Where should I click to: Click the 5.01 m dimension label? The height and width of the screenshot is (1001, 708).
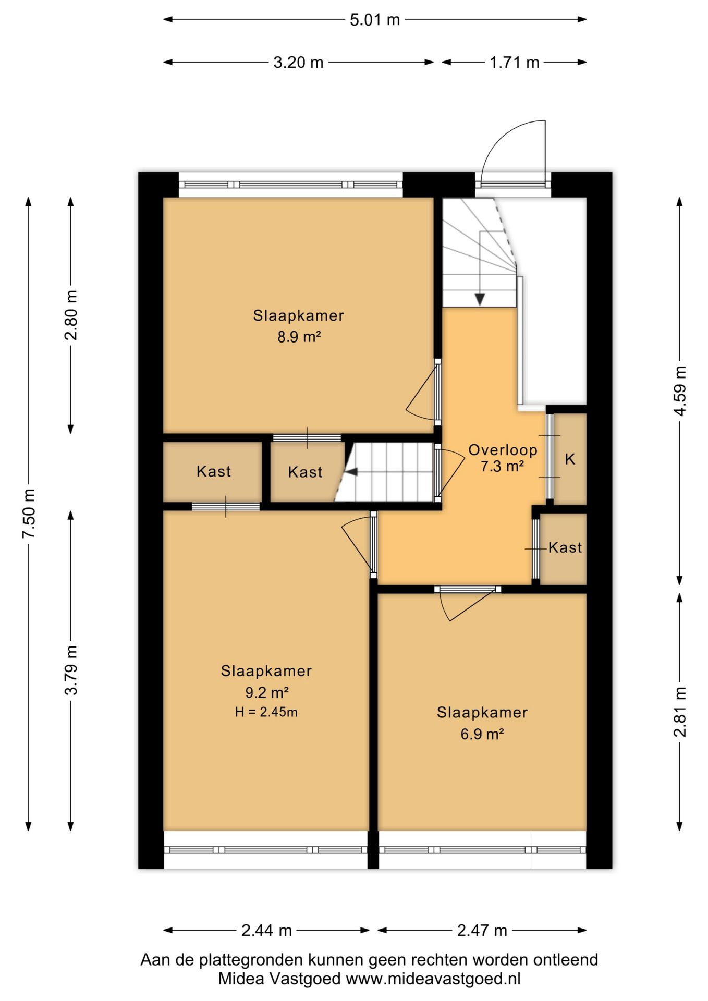click(x=374, y=20)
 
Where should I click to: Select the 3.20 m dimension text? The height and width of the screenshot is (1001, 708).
click(x=298, y=63)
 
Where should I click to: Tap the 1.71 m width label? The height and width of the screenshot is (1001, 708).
click(x=514, y=63)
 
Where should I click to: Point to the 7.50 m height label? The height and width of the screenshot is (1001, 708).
click(x=29, y=514)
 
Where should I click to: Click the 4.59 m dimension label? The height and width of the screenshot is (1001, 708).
click(x=680, y=390)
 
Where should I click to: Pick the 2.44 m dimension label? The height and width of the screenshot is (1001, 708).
click(x=266, y=931)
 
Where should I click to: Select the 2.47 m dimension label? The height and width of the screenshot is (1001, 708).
click(x=482, y=931)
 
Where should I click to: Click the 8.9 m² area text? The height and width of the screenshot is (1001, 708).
click(x=299, y=337)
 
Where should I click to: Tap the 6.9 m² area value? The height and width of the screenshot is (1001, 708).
click(x=482, y=734)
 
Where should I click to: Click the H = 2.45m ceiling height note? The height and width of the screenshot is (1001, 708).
click(x=266, y=712)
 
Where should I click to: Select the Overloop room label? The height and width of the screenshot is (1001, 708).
click(x=503, y=450)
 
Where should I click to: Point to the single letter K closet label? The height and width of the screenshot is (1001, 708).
click(x=570, y=459)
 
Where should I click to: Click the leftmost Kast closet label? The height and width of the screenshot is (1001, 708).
click(x=214, y=471)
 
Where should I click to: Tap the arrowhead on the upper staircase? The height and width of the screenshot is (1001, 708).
click(x=480, y=299)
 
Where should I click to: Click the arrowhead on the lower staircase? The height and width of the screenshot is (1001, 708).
click(x=351, y=472)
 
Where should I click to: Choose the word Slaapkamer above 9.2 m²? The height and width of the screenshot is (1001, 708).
click(x=266, y=671)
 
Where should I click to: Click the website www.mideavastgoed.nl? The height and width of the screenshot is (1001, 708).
click(x=433, y=979)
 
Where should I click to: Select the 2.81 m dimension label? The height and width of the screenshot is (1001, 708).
click(x=680, y=712)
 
